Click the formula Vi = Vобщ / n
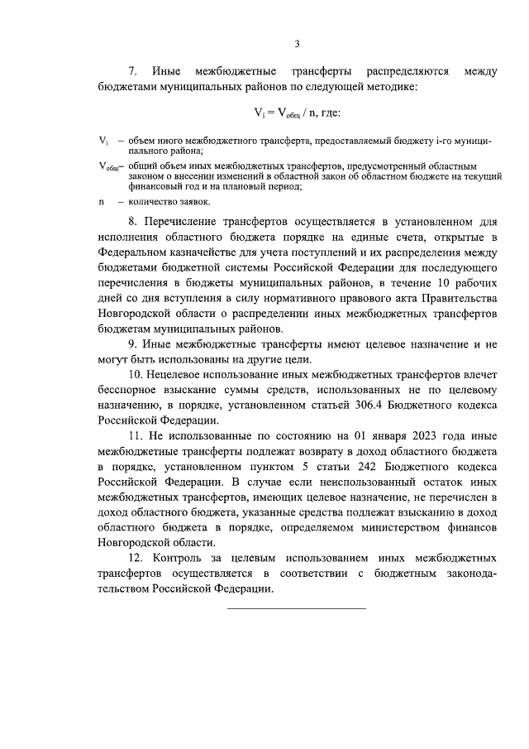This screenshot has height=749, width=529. click(297, 113)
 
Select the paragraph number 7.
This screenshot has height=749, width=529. click(131, 71)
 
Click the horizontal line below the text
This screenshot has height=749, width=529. click(297, 609)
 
